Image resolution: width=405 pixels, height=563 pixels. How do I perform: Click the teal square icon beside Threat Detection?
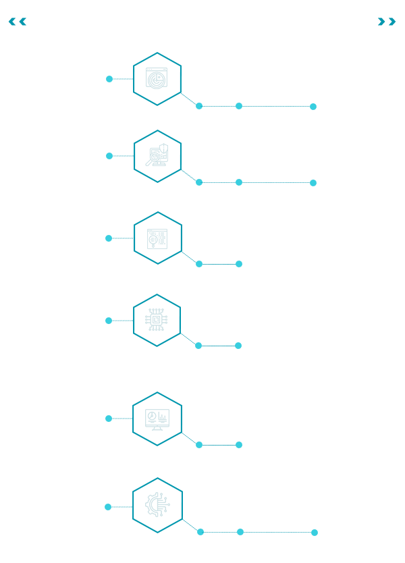pos(157,78)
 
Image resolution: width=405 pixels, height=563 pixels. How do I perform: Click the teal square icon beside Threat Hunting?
pos(158,238)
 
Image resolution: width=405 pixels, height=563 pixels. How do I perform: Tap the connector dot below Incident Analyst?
pos(313,106)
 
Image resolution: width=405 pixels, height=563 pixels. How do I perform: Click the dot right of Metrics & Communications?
pos(109,419)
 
